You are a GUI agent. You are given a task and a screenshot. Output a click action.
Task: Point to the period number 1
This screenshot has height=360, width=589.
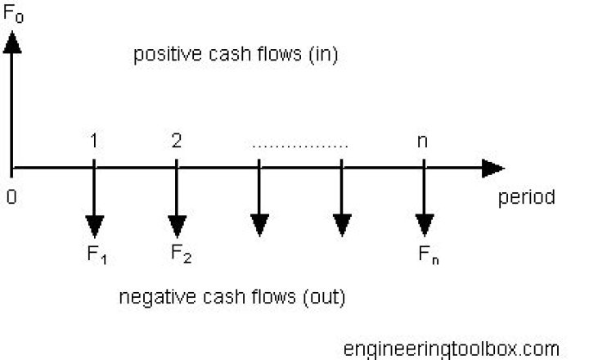(x=95, y=140)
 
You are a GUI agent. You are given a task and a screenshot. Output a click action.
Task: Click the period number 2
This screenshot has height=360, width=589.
(x=177, y=140)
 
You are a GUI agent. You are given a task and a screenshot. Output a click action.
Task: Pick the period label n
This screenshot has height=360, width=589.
(x=423, y=140)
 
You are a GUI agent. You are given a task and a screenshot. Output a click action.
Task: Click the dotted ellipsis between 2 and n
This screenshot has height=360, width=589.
(x=300, y=146)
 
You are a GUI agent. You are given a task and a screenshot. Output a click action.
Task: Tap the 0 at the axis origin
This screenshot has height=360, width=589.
(x=11, y=198)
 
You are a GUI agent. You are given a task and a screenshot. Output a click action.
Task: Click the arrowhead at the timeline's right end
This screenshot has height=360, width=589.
(x=492, y=169)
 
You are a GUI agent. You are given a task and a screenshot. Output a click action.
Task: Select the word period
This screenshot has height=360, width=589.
(x=527, y=198)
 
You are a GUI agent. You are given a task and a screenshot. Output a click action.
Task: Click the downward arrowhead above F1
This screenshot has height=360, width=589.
(x=95, y=225)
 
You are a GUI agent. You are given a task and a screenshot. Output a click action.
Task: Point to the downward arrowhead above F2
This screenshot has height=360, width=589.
(x=177, y=225)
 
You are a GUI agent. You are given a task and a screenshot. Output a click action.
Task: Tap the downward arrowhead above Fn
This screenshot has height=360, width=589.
(x=424, y=225)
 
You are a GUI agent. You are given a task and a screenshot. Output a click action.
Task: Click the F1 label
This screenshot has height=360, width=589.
(x=97, y=255)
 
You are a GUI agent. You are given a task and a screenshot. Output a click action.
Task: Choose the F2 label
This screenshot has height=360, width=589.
(x=181, y=254)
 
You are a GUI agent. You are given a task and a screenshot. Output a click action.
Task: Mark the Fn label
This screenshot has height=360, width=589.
(x=427, y=255)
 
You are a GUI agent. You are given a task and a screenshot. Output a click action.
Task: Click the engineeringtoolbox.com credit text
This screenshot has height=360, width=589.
(x=452, y=349)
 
